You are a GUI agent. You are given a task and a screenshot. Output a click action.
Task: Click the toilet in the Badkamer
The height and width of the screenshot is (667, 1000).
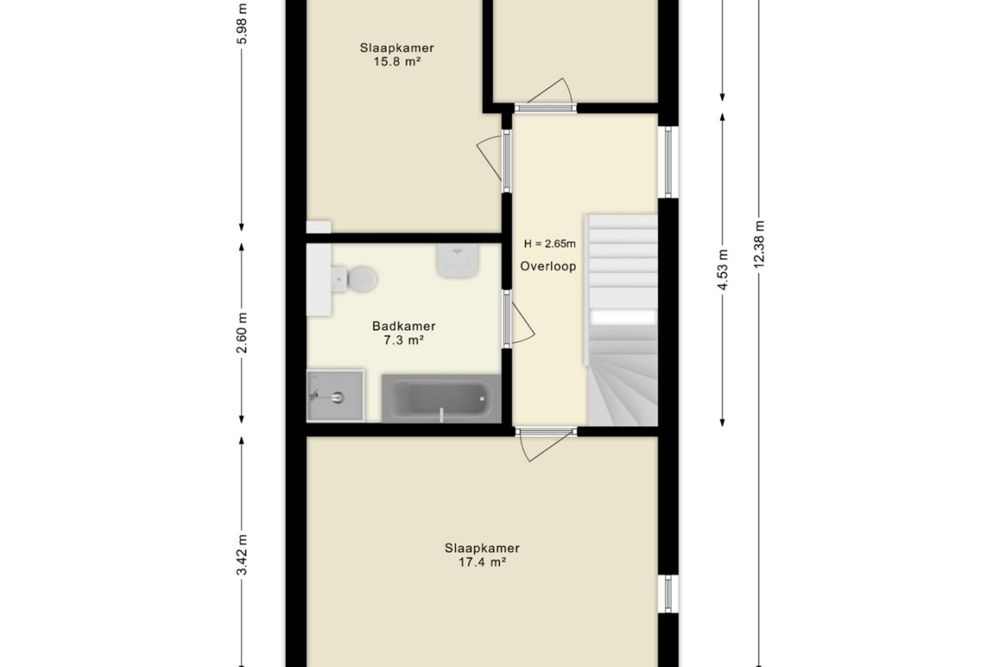[x=354, y=279]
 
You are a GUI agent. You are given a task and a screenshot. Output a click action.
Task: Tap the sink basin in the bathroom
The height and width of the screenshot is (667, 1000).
[x=457, y=260]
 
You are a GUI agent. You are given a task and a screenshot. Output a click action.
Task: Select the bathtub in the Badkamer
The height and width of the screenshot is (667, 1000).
[x=441, y=399]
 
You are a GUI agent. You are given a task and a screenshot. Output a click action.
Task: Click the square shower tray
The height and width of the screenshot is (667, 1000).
[x=335, y=395]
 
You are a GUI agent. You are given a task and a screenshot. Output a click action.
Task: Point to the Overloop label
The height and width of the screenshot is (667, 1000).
[x=547, y=266]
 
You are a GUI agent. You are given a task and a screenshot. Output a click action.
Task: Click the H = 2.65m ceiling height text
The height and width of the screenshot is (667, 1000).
[x=549, y=243]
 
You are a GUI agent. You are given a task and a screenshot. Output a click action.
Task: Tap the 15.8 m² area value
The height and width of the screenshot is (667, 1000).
[x=397, y=61]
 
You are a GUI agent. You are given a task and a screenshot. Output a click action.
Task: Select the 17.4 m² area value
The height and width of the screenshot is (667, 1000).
[x=482, y=562]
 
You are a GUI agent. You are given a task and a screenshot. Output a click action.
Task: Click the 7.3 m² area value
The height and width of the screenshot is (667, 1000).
[x=403, y=340]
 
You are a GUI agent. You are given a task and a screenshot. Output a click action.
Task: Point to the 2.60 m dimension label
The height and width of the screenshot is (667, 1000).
[x=242, y=333]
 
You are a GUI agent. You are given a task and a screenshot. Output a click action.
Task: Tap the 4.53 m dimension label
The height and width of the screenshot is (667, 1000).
[x=722, y=269]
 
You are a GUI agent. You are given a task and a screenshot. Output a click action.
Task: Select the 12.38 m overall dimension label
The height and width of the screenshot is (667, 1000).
[x=759, y=244]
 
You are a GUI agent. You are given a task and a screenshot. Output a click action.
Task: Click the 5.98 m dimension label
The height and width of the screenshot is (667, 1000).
[x=242, y=23]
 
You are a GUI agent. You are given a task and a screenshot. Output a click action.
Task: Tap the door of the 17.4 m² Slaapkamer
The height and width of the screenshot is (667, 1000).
[x=547, y=448]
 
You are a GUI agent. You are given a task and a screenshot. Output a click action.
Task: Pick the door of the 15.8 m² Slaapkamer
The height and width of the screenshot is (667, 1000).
[x=493, y=160]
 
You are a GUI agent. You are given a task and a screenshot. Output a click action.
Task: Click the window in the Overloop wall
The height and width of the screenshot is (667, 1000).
[x=668, y=162]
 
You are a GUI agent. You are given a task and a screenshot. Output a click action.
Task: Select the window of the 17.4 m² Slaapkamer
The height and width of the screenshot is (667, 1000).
[x=668, y=594]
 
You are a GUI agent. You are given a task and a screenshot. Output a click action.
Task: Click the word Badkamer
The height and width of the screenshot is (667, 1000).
[x=403, y=326]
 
